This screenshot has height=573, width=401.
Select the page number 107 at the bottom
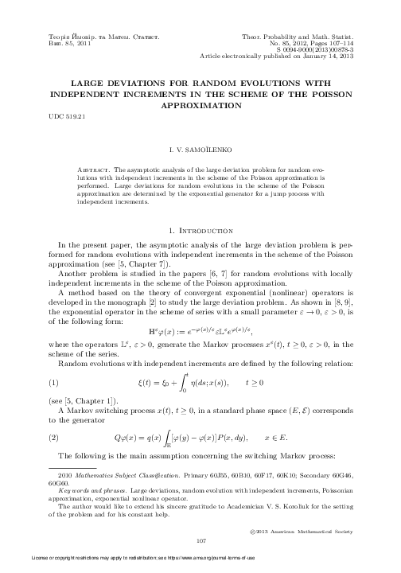(x=200, y=540)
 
